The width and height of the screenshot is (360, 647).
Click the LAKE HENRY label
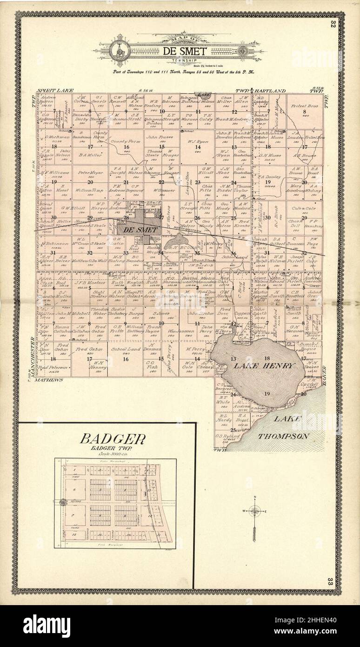tap(264, 366)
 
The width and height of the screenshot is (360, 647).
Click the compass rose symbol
tap(254, 511)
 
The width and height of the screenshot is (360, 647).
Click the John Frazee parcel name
tap(160, 137)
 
